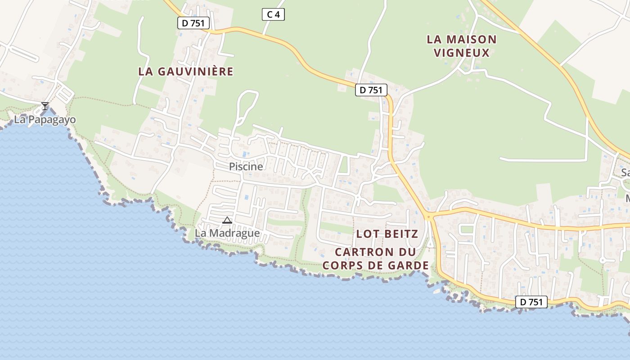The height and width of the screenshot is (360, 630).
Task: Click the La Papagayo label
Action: tap(45, 120)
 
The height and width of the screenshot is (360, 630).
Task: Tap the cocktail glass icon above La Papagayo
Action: tap(45, 106)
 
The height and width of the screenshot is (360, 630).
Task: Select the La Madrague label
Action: tap(227, 233)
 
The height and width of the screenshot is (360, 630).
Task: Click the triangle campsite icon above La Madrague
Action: tap(227, 220)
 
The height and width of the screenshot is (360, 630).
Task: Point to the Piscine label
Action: tap(246, 166)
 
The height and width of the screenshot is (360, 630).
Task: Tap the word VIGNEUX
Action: tap(461, 53)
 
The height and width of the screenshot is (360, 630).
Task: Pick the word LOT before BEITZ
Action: tap(365, 234)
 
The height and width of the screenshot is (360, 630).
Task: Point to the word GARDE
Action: tap(409, 265)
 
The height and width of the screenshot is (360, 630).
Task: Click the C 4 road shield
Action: tap(273, 14)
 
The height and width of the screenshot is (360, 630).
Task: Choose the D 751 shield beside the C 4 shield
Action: tap(193, 23)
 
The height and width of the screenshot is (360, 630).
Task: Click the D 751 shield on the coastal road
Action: tap(531, 302)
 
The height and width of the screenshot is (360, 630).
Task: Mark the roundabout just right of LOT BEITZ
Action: tap(429, 216)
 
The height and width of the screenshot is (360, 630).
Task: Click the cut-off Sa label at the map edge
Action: tap(625, 172)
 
